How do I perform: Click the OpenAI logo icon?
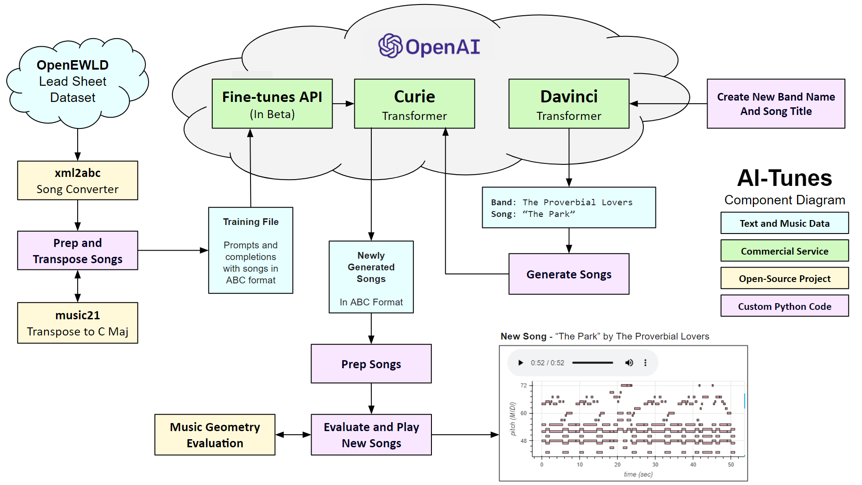(390, 46)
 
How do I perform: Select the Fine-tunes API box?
(272, 104)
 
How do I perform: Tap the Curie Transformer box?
(414, 104)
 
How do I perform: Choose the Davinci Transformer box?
(569, 104)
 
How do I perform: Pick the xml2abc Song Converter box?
(78, 181)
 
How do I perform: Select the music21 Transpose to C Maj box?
(78, 323)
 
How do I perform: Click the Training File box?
(251, 250)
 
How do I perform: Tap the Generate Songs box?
(569, 274)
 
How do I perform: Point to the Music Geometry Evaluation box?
(215, 435)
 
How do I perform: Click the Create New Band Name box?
(776, 104)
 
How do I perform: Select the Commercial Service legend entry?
(785, 251)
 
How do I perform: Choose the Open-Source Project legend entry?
(785, 278)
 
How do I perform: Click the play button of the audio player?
(520, 363)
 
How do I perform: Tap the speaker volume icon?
(629, 363)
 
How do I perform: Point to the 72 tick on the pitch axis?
(524, 385)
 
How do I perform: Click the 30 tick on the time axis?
(655, 464)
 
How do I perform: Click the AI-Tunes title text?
(785, 178)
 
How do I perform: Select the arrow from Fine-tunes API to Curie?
(343, 104)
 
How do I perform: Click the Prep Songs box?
(371, 364)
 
